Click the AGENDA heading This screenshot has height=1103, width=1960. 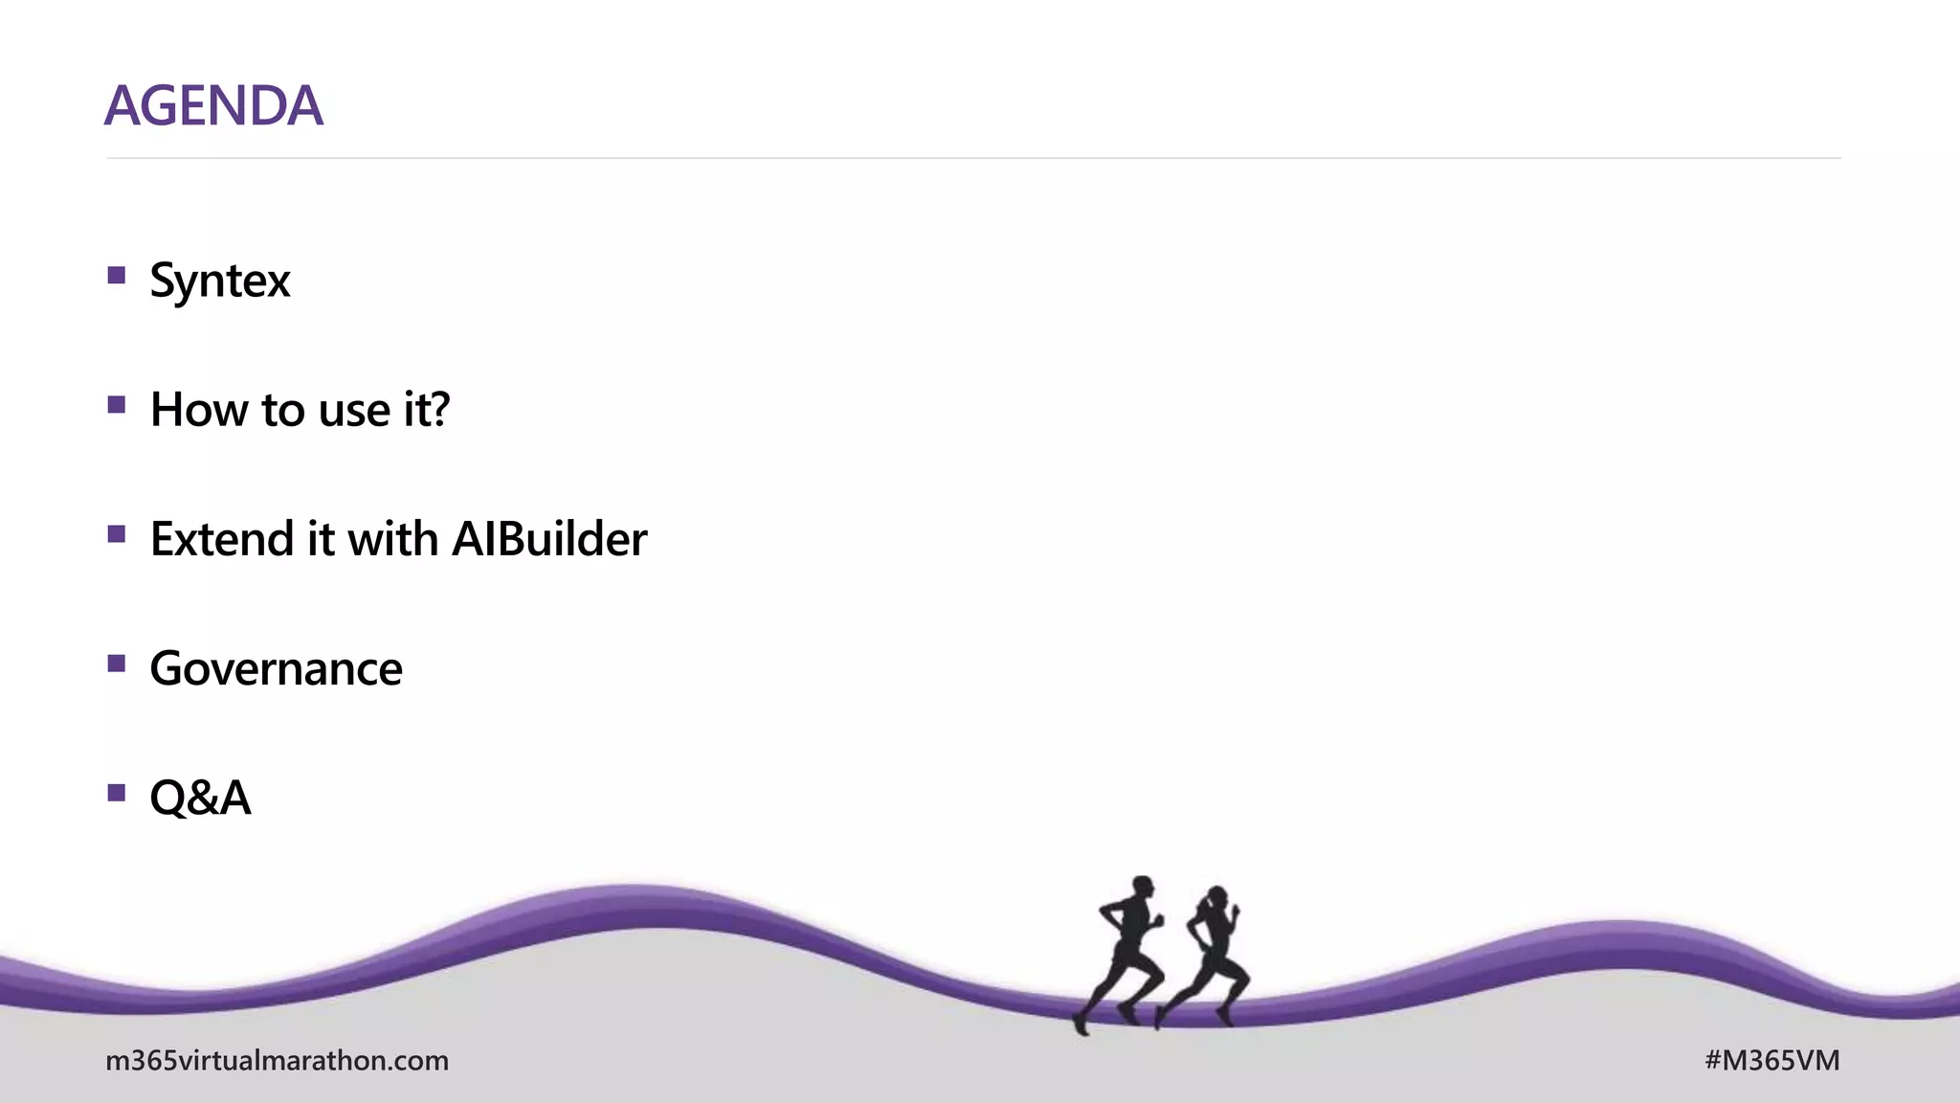click(x=213, y=105)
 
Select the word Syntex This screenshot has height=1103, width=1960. click(x=219, y=281)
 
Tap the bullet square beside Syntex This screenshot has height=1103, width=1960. click(x=117, y=276)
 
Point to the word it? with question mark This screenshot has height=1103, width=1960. click(x=426, y=410)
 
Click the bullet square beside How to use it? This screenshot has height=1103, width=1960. click(x=117, y=405)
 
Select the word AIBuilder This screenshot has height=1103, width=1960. click(x=549, y=539)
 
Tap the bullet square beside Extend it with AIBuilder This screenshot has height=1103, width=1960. click(x=117, y=534)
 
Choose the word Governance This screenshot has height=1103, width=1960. click(x=276, y=668)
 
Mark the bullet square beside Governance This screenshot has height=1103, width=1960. click(x=117, y=664)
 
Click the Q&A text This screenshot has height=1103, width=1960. click(x=200, y=798)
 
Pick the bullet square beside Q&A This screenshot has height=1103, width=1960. click(x=117, y=793)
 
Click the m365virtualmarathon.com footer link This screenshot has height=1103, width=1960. click(x=277, y=1061)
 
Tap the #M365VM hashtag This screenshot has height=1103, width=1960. click(x=1771, y=1061)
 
